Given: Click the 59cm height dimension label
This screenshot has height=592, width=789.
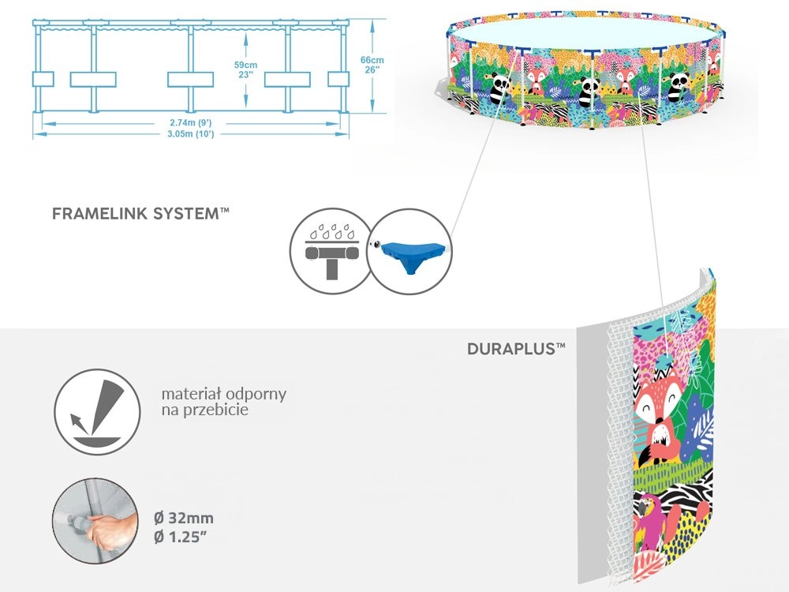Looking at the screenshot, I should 246,64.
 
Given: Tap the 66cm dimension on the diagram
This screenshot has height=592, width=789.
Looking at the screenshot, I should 372,60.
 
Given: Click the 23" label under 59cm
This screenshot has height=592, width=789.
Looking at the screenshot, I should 246,74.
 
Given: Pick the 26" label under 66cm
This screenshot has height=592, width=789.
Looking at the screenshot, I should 372,70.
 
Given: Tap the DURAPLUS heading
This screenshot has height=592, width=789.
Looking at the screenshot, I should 514,348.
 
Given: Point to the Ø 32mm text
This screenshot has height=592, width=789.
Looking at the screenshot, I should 183,519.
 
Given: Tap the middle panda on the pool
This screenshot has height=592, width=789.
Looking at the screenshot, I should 587,90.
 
